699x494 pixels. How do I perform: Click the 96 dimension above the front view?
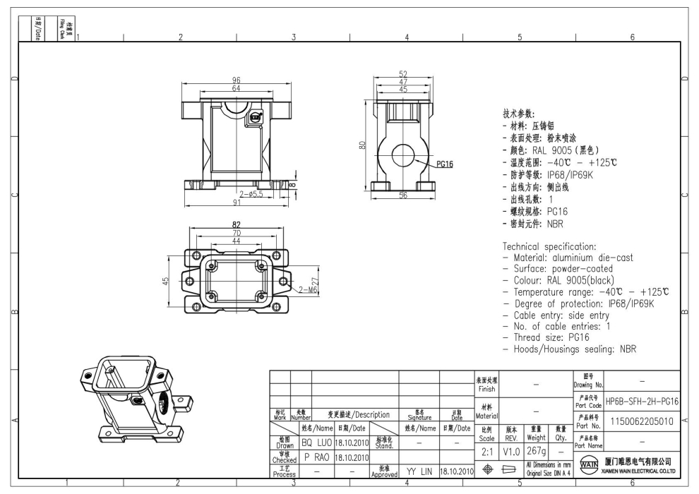(237, 80)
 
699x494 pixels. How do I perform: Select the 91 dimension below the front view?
(237, 203)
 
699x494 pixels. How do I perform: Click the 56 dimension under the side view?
(403, 196)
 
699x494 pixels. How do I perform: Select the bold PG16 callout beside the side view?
(444, 164)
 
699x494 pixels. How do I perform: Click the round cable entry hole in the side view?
(403, 151)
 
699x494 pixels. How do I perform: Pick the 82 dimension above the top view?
(237, 224)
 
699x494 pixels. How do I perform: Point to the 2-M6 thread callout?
(308, 289)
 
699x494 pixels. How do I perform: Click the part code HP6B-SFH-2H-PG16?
(643, 401)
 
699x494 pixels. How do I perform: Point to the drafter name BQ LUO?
(316, 442)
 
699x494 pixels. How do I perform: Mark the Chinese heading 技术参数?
(519, 114)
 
